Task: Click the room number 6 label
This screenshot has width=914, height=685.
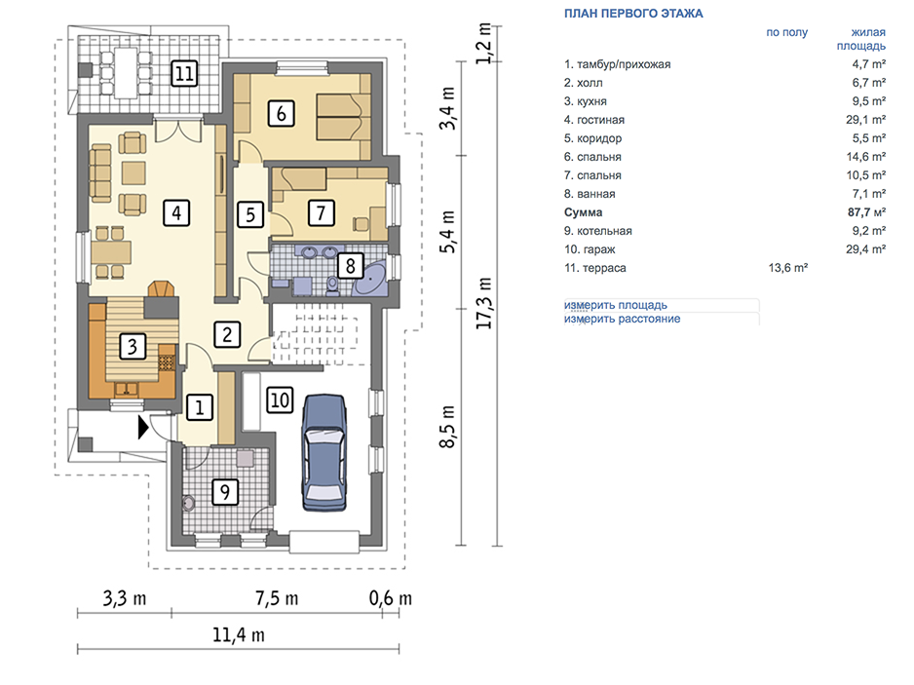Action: pyautogui.click(x=281, y=113)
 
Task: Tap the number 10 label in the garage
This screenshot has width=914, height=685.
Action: pyautogui.click(x=280, y=400)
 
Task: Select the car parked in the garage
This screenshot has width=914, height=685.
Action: pyautogui.click(x=324, y=452)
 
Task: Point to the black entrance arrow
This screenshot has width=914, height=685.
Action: pyautogui.click(x=143, y=428)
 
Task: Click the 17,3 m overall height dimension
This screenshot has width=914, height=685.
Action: pyautogui.click(x=484, y=303)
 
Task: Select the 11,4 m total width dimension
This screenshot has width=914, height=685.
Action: pyautogui.click(x=238, y=635)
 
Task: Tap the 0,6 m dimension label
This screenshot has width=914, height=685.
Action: pyautogui.click(x=391, y=598)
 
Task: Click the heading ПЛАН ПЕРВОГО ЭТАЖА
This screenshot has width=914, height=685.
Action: pyautogui.click(x=633, y=14)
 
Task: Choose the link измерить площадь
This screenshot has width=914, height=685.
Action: pyautogui.click(x=616, y=305)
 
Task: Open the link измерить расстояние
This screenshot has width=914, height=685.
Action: pyautogui.click(x=622, y=319)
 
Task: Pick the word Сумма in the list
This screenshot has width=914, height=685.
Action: pyautogui.click(x=583, y=212)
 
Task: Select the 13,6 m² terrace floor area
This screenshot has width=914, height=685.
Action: pyautogui.click(x=788, y=268)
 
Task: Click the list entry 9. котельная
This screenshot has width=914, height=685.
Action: pyautogui.click(x=598, y=231)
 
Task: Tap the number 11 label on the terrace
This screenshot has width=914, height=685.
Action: pyautogui.click(x=184, y=74)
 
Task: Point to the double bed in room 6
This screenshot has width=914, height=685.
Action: pyautogui.click(x=343, y=117)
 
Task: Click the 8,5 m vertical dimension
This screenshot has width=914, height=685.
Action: pyautogui.click(x=447, y=427)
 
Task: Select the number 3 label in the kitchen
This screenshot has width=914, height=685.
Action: pyautogui.click(x=133, y=346)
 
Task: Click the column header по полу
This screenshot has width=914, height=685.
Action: pyautogui.click(x=787, y=33)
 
